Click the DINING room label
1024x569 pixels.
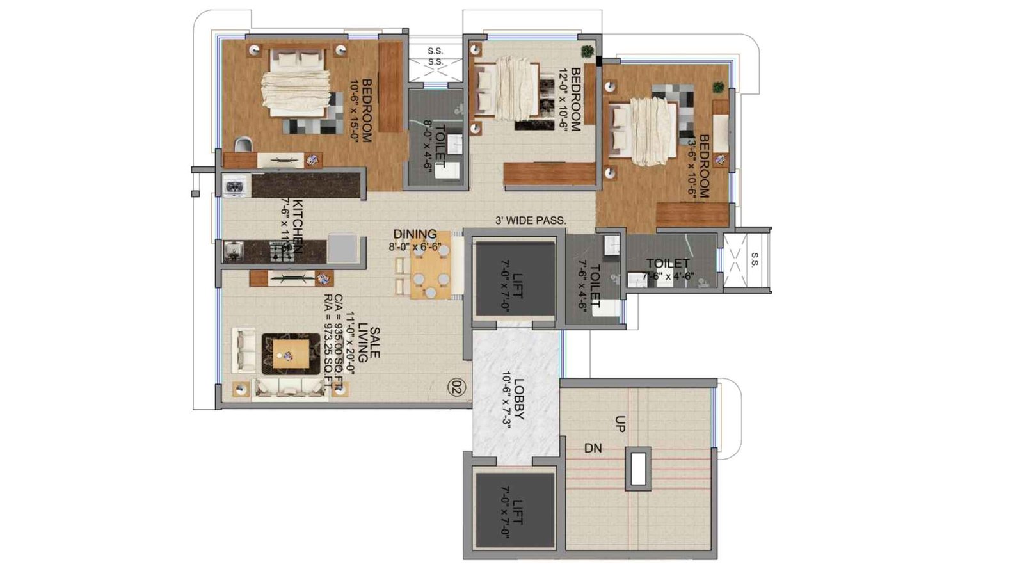415,234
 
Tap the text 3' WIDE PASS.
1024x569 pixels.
531,221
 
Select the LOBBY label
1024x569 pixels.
519,400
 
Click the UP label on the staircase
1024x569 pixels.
620,424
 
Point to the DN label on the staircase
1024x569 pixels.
593,449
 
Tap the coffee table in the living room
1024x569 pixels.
291,353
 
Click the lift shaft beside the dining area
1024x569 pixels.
513,280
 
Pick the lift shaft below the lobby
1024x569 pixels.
513,512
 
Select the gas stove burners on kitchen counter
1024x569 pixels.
280,251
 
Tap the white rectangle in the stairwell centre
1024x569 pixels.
638,469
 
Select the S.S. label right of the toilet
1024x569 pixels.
754,259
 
